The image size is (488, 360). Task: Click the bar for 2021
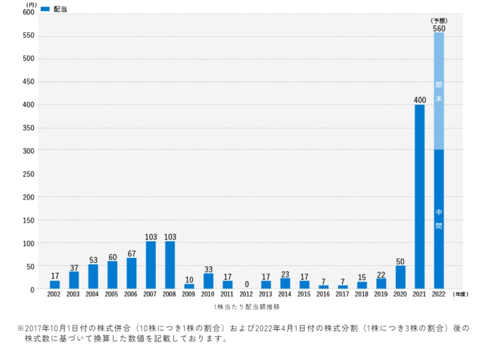coord(420,196)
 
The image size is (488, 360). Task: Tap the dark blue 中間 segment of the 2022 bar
coord(439,219)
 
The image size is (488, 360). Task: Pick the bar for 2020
coord(400,277)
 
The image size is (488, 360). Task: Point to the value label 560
coord(439,28)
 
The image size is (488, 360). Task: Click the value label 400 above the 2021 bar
coord(420,100)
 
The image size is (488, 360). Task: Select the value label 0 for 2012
coord(246,284)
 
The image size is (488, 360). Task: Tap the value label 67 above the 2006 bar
coord(131,254)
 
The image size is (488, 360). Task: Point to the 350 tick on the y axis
coord(28,128)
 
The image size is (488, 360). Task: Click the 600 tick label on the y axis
coord(28,13)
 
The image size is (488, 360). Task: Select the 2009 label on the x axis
coord(189,294)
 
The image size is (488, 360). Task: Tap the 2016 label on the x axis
coord(323,294)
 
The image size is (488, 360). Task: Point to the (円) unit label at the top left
coord(31,4)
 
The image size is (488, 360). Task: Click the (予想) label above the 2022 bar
coord(439,21)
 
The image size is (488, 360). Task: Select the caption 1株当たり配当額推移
coord(246,307)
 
